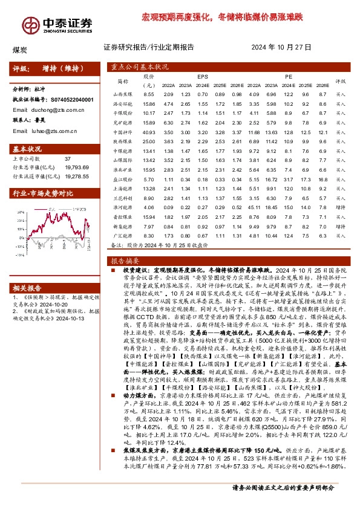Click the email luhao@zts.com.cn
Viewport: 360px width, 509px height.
coord(52,131)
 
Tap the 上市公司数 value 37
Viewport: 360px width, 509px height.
coord(68,158)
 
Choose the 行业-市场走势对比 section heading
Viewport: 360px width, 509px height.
coord(44,193)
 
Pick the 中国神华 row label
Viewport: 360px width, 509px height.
coord(123,149)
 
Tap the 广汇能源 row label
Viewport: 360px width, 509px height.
coord(123,236)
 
